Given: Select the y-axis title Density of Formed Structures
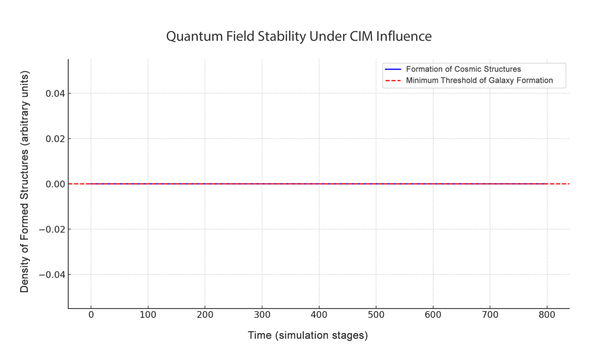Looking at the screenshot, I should click(x=24, y=182).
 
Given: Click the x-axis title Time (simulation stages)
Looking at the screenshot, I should click(x=308, y=335).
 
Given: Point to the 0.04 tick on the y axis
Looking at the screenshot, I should click(x=55, y=94).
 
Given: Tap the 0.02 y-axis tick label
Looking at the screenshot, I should click(x=55, y=139).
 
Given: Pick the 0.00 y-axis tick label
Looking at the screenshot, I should click(x=55, y=184).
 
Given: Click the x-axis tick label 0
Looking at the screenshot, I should click(x=91, y=315).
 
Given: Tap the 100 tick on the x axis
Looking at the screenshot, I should click(x=148, y=315).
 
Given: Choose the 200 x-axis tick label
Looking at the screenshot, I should click(x=205, y=315).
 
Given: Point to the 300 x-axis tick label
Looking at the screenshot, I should click(x=262, y=315).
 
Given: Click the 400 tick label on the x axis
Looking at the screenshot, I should click(x=319, y=315).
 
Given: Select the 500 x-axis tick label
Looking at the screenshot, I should click(x=376, y=315).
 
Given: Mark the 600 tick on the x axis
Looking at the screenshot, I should click(x=433, y=315).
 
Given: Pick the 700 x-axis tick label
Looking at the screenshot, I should click(x=490, y=315).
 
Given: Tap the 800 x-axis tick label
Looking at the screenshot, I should click(x=547, y=315).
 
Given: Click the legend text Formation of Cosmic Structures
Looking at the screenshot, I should click(x=463, y=69).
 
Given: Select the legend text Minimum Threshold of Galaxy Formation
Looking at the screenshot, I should click(x=479, y=80).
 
